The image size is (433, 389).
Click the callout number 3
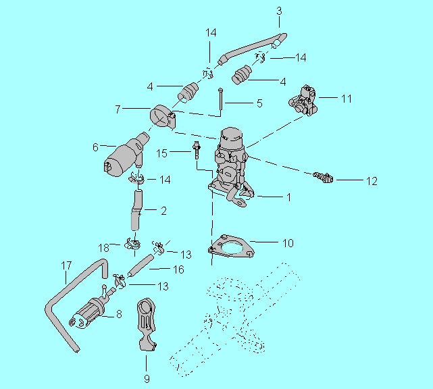279,11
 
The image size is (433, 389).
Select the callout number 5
259,103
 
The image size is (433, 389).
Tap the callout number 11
347,99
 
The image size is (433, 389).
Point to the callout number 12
372,181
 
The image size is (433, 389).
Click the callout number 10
288,243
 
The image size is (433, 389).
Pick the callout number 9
147,378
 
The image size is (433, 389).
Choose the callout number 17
66,266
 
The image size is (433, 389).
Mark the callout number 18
104,248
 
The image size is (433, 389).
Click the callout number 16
178,269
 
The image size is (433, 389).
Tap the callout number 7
118,109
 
